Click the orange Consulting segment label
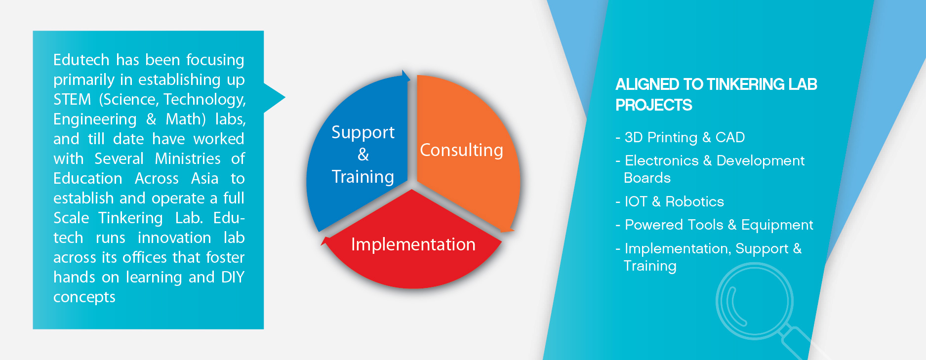[461, 150]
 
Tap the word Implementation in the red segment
[413, 244]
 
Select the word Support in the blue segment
[363, 133]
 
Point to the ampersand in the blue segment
[363, 155]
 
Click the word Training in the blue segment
[363, 177]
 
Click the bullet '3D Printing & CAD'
[680, 137]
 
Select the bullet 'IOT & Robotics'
[670, 201]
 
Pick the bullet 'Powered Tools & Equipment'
[714, 225]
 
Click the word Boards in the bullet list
[647, 178]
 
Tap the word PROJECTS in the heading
[654, 105]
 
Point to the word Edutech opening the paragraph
[81, 60]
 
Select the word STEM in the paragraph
[72, 100]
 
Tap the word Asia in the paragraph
[205, 178]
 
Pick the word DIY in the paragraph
[233, 277]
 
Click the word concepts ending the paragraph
[84, 297]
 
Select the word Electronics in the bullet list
[662, 160]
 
